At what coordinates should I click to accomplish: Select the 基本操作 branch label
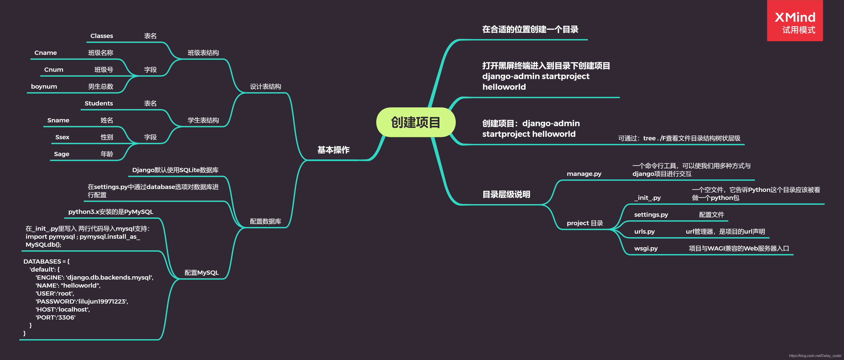click(333, 150)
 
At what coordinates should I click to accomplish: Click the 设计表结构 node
click(265, 86)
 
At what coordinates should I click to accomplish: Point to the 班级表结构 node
click(203, 53)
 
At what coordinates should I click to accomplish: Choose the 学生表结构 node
click(203, 120)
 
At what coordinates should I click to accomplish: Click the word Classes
click(102, 36)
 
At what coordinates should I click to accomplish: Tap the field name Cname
click(46, 53)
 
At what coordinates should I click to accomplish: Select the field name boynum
click(44, 86)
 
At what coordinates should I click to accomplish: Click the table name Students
click(99, 103)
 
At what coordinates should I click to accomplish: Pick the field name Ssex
click(62, 137)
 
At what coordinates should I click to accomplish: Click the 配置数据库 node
click(265, 221)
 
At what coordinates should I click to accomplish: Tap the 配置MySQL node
click(202, 272)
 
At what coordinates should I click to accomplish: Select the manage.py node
click(584, 174)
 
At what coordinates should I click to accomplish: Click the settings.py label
click(651, 215)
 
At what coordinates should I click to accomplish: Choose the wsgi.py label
click(646, 248)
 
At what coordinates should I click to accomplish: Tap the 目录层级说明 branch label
click(506, 195)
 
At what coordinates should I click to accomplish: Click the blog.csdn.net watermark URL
click(815, 356)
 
